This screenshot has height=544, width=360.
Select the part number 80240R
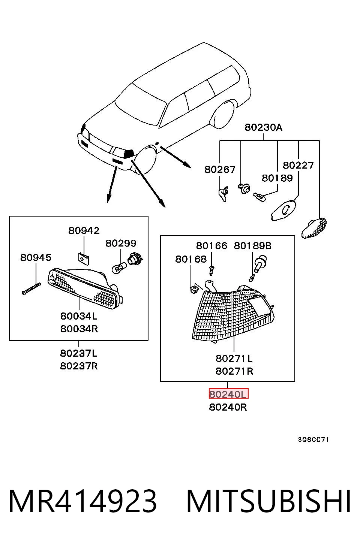pyautogui.click(x=228, y=407)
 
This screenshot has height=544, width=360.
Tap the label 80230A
pyautogui.click(x=264, y=127)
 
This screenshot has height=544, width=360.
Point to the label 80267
pyautogui.click(x=220, y=169)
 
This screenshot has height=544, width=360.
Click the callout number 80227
pyautogui.click(x=298, y=165)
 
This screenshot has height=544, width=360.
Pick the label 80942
pyautogui.click(x=84, y=230)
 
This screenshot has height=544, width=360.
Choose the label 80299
pyautogui.click(x=121, y=244)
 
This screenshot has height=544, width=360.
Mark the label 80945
pyautogui.click(x=36, y=258)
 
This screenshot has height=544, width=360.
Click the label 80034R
pyautogui.click(x=79, y=329)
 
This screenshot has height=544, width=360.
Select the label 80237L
pyautogui.click(x=79, y=353)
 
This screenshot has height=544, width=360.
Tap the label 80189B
pyautogui.click(x=252, y=246)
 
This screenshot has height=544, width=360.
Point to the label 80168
pyautogui.click(x=191, y=259)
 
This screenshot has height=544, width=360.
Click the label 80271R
pyautogui.click(x=234, y=371)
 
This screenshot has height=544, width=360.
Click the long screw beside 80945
pyautogui.click(x=31, y=289)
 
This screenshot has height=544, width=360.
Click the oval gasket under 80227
pyautogui.click(x=283, y=211)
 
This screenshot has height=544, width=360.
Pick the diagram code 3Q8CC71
pyautogui.click(x=313, y=440)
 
